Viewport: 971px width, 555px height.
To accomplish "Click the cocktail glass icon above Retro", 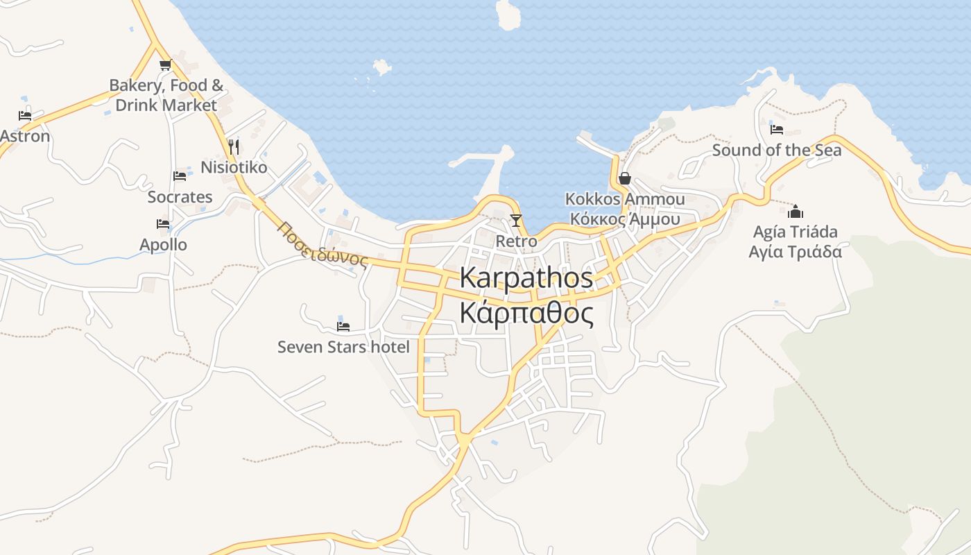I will pos(515,221).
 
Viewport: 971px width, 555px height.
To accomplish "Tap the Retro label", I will pos(516,241).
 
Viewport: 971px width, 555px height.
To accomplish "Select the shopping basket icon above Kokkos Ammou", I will pos(624,178).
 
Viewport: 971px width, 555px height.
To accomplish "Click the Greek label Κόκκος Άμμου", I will pos(624,219).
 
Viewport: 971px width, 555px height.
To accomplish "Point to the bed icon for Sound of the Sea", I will pos(777,129).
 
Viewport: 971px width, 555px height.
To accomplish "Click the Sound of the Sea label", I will pos(777,150).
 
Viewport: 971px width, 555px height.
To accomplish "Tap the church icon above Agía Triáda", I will pos(796,211).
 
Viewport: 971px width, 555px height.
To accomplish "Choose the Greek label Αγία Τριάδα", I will pos(796,251).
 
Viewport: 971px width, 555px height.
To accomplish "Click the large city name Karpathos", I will pos(526,278).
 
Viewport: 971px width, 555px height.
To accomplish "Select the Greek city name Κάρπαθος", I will pos(526,314).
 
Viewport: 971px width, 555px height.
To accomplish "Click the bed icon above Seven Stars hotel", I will pos(343,326).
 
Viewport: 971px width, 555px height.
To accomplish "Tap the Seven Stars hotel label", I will pos(343,347).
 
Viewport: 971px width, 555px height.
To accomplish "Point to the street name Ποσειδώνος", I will pos(323,245).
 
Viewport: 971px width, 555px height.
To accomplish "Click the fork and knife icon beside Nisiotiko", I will pos(234,147).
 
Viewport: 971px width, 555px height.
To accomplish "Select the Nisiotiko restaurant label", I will pos(234,167).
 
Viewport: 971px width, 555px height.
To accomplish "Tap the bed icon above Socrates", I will pos(180,176).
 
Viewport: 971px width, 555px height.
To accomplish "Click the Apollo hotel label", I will pos(163,245).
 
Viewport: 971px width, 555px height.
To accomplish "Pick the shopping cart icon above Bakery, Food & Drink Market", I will pos(165,65).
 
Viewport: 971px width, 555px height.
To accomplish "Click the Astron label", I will pos(25,136).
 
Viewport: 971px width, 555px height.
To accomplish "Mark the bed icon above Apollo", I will pos(163,224).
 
